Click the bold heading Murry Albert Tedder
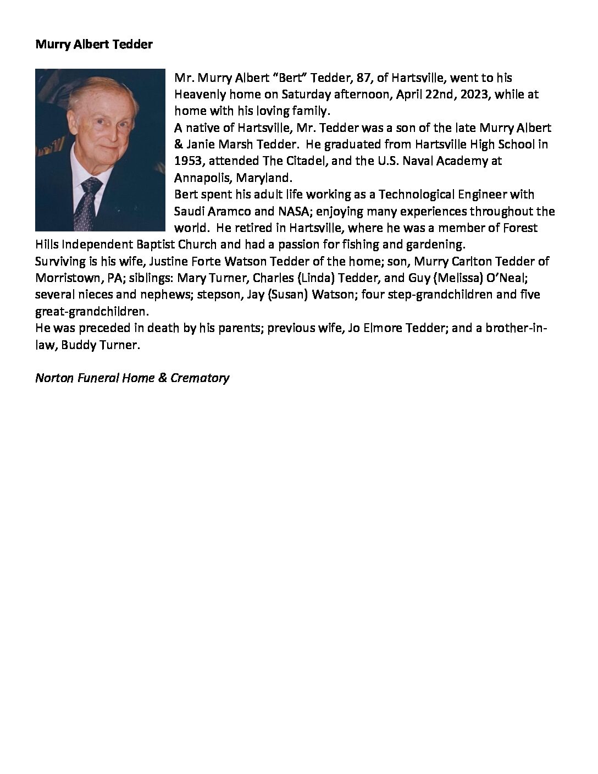[x=93, y=45]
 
